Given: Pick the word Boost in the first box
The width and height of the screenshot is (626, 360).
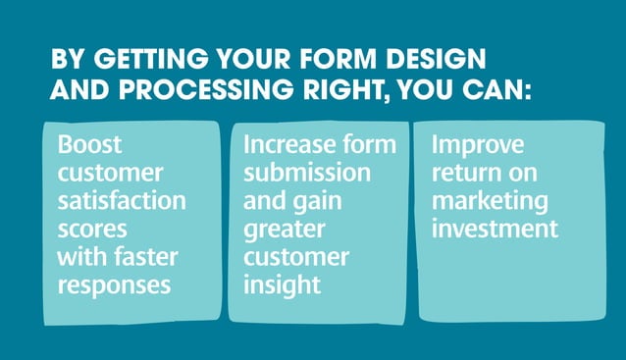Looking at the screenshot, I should coord(90,145).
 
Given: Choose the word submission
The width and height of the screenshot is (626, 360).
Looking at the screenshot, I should coord(307,174).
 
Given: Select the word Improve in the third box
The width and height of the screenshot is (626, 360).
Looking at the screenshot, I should coord(478,145).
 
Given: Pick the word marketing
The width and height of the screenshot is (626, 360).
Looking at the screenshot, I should coord(488,202).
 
